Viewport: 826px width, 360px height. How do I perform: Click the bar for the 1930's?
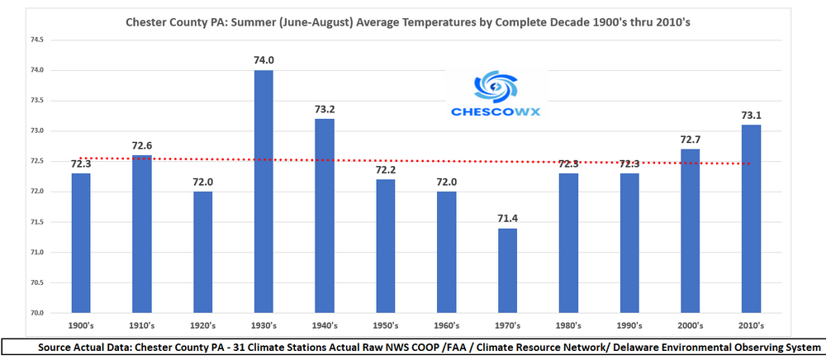point(263,192)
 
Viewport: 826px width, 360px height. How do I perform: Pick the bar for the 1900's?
point(81,243)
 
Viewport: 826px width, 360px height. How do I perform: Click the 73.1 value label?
point(752,113)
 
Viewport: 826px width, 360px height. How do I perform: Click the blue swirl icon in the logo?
point(495,87)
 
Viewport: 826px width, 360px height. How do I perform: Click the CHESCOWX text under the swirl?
point(496,112)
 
